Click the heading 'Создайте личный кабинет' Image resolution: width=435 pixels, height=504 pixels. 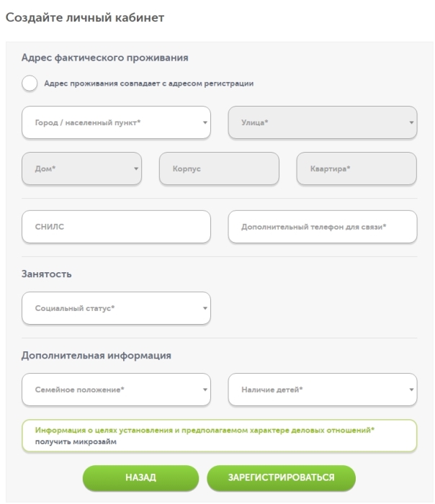point(85,17)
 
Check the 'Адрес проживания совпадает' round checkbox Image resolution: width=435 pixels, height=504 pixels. point(30,84)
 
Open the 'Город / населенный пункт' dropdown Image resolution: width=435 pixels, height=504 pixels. point(116,123)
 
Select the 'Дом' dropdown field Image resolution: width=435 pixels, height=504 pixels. point(81,168)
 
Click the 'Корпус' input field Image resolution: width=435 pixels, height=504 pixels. point(219,168)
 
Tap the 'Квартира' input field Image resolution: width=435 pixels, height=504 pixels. point(356,168)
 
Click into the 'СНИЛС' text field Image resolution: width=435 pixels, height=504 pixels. point(116,227)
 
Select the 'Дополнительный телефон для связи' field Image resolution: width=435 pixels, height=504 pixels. point(322,227)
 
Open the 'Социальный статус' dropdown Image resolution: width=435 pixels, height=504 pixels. point(116,308)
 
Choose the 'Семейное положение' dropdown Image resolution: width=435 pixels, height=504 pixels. point(116,390)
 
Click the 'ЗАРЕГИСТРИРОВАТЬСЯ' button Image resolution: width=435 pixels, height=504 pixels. point(281,477)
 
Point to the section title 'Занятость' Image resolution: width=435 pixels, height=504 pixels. point(46,274)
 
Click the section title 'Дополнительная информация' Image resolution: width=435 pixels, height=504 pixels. point(96,355)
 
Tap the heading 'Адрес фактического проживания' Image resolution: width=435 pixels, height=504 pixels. point(104,58)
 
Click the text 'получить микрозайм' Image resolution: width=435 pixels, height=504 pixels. point(76,442)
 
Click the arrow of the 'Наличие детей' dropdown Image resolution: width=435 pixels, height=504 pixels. point(412,390)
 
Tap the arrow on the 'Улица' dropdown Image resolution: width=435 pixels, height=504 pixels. point(412,123)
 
